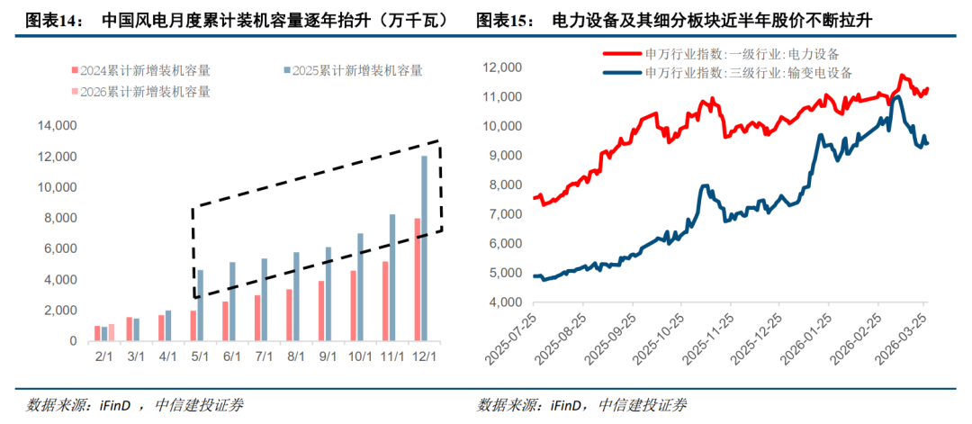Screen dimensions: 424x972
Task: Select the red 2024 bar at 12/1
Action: point(417,280)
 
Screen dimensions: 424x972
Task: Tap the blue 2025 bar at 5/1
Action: point(201,305)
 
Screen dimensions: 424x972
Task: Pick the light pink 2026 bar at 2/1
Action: point(112,333)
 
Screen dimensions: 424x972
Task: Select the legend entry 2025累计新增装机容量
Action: point(352,70)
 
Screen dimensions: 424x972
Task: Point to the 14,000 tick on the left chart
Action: point(58,126)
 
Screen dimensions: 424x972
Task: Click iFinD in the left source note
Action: point(111,404)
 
